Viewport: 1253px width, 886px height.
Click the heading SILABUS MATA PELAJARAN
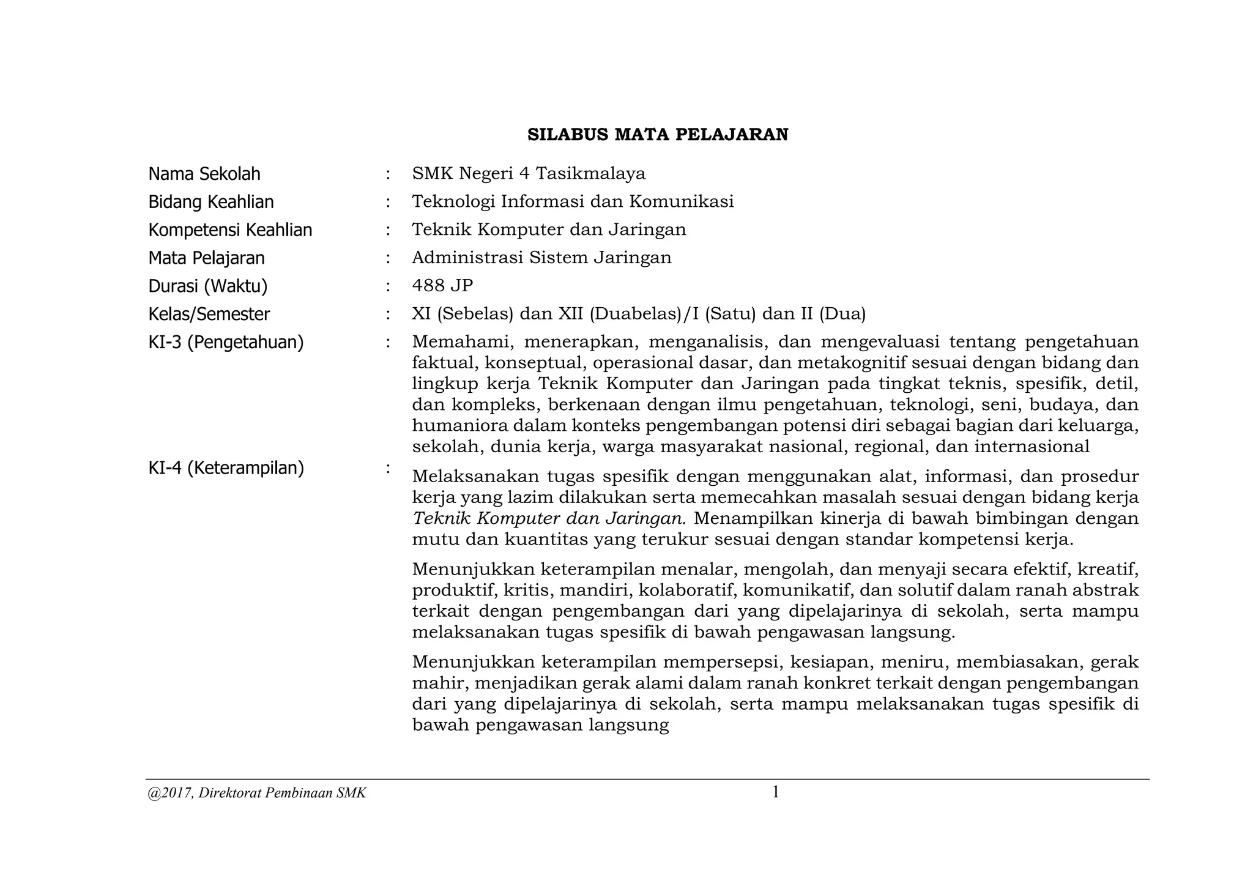[658, 135]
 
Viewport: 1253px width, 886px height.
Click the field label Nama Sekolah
[204, 174]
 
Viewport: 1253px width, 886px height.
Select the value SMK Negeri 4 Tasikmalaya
[529, 174]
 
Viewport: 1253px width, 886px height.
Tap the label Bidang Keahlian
[211, 202]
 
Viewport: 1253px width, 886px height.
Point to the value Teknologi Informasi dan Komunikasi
[573, 201]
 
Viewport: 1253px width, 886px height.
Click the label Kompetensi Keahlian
[230, 230]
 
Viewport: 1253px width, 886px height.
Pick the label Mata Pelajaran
[206, 258]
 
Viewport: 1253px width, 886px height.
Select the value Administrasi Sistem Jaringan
[541, 258]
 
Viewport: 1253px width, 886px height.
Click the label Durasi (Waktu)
[208, 286]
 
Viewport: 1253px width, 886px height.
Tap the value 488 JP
[442, 286]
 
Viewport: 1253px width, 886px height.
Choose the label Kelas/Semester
[209, 314]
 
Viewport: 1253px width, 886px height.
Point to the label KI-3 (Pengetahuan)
[226, 342]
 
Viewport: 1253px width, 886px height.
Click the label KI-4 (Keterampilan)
[226, 468]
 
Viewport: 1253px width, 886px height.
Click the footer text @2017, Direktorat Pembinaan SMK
[257, 794]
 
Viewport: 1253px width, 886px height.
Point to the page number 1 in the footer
[775, 792]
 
